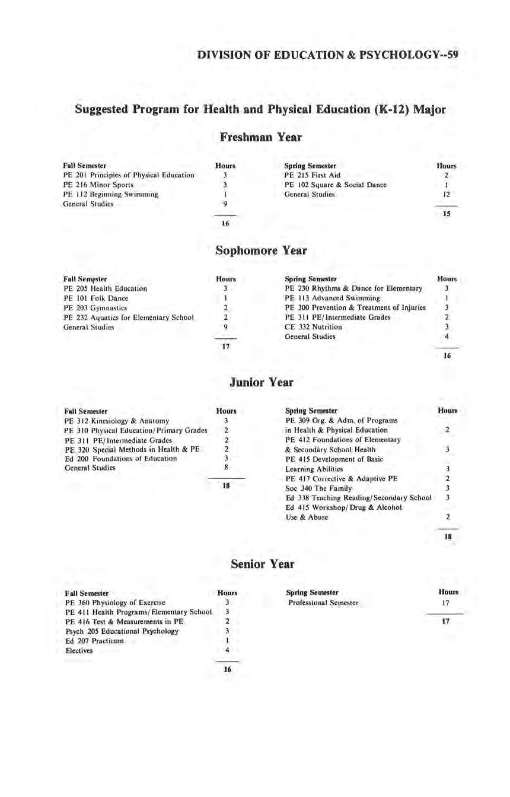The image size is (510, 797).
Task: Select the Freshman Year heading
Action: pos(260,137)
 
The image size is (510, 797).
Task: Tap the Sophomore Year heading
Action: pos(260,250)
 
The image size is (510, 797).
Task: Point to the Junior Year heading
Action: pos(261,382)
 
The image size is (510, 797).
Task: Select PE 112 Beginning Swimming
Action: pos(110,194)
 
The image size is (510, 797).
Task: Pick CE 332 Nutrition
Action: pos(313,327)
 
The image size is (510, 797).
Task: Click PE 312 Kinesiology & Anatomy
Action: pos(116,421)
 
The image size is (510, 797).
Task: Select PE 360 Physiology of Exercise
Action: pos(115,602)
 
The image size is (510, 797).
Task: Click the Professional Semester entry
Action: pos(323,602)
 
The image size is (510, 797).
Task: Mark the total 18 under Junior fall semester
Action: pos(226,485)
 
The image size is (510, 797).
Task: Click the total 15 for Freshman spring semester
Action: pos(447,214)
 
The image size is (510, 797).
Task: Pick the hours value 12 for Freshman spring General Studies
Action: pos(447,194)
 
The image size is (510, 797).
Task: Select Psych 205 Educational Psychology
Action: pos(122,631)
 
